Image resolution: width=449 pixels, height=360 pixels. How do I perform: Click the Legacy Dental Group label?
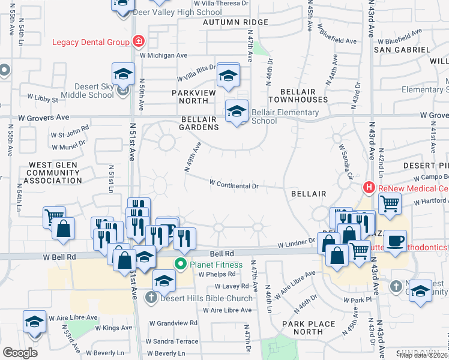tap(91, 42)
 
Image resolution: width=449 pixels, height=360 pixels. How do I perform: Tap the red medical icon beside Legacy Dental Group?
tap(139, 41)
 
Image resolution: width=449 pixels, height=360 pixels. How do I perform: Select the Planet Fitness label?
tap(217, 265)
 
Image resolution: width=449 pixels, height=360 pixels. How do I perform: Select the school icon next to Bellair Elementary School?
tap(237, 111)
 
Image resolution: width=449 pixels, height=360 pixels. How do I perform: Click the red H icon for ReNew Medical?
tap(369, 188)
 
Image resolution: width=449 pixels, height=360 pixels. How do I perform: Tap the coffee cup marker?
tap(395, 240)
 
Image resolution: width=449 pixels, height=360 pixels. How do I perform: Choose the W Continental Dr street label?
tap(234, 185)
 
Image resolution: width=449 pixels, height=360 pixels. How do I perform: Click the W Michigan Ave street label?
tap(163, 55)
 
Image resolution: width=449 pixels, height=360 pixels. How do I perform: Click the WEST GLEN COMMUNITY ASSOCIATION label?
tap(55, 172)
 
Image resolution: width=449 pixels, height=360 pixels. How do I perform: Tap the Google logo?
tap(20, 353)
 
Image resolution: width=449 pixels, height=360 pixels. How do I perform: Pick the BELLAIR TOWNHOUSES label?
tap(298, 95)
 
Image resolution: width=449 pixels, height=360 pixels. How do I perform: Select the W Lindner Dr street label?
tap(297, 244)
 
